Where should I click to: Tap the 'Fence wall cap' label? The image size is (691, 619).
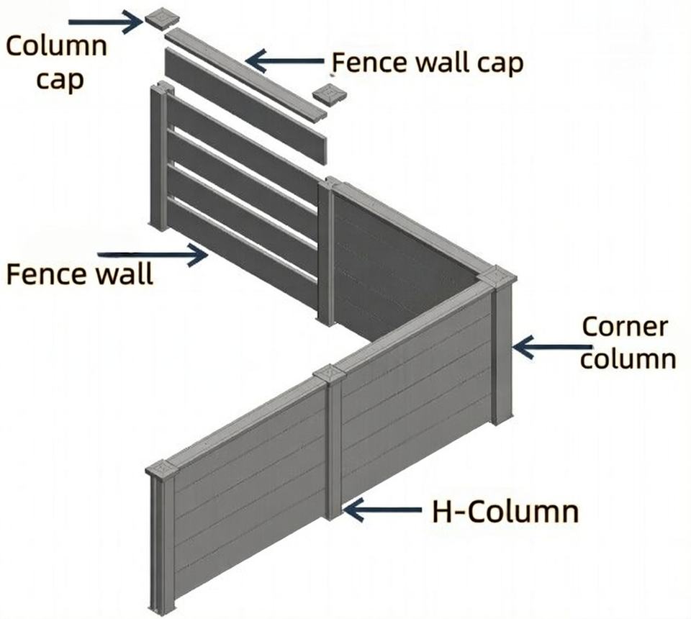pyautogui.click(x=428, y=63)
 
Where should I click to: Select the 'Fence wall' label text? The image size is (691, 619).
pyautogui.click(x=79, y=274)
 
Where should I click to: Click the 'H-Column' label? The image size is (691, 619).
pyautogui.click(x=505, y=512)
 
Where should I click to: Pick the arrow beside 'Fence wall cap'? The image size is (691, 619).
pyautogui.click(x=284, y=61)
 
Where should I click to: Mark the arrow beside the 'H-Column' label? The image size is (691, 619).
pyautogui.click(x=381, y=510)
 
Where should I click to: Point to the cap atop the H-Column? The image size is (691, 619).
pyautogui.click(x=330, y=374)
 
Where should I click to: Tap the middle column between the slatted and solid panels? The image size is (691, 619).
pyautogui.click(x=327, y=252)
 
